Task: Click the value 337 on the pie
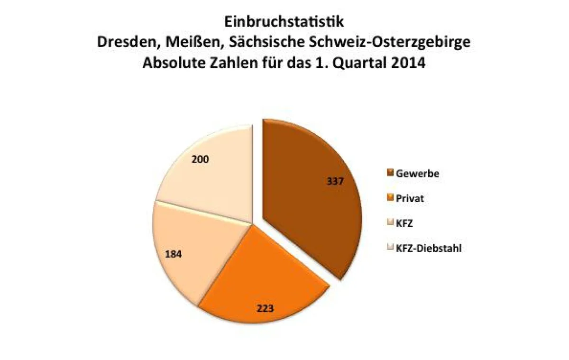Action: [335, 181]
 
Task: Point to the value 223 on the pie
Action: [265, 309]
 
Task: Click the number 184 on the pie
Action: [174, 254]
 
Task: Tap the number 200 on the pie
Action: [200, 159]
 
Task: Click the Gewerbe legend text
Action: [417, 174]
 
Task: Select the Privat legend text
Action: [410, 198]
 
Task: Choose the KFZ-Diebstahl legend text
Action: [429, 248]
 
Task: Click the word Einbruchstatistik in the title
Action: [284, 22]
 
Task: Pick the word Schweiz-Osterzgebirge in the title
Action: [390, 43]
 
